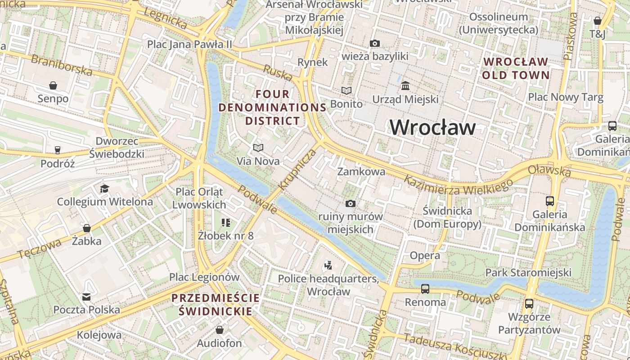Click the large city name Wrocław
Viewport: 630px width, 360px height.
click(x=432, y=127)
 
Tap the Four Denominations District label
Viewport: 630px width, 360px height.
click(x=272, y=108)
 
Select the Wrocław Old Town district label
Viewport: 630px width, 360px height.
click(x=516, y=68)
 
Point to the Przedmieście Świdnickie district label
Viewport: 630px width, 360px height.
click(x=216, y=304)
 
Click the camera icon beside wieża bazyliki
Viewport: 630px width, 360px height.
click(x=374, y=43)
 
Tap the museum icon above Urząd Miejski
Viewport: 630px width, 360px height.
click(x=405, y=85)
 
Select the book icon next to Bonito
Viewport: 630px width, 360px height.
click(x=346, y=90)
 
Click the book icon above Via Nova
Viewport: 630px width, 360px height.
click(x=258, y=148)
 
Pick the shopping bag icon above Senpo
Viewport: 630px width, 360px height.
click(x=53, y=85)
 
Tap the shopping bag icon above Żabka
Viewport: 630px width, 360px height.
click(x=86, y=228)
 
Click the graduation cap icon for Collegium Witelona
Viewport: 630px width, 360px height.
click(x=104, y=188)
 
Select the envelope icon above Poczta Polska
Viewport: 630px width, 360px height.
click(x=86, y=297)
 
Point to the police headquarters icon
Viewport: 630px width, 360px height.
click(x=328, y=265)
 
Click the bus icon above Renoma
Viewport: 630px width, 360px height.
click(x=425, y=288)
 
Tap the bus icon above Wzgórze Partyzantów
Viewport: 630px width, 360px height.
click(x=529, y=303)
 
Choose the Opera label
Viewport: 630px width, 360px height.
click(x=424, y=256)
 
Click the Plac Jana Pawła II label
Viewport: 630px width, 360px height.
click(x=189, y=44)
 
